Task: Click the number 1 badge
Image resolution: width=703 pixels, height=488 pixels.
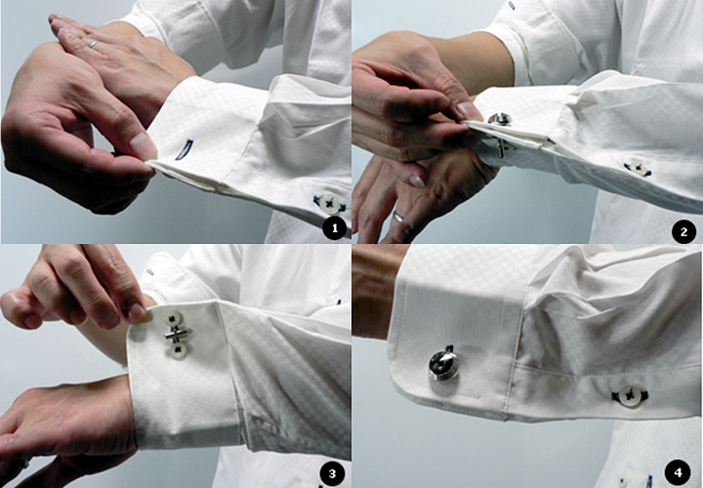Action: (334, 229)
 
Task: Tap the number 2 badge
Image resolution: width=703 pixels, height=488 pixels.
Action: (683, 232)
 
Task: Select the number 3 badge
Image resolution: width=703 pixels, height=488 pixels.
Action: (332, 473)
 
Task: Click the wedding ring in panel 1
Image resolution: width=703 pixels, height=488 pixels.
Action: (93, 44)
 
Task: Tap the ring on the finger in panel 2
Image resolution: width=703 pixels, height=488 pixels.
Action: (398, 217)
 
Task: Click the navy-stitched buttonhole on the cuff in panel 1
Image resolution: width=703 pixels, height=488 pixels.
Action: (184, 149)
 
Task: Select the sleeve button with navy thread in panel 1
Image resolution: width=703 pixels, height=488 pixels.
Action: (330, 204)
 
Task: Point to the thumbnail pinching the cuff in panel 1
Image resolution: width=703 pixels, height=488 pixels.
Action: (144, 144)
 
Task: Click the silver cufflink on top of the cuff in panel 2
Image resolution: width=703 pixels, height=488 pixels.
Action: (499, 118)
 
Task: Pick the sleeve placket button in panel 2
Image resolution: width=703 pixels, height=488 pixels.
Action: (637, 169)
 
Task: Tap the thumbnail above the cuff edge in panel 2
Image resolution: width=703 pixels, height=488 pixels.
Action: (468, 109)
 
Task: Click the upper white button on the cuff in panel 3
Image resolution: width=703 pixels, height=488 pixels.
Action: (172, 319)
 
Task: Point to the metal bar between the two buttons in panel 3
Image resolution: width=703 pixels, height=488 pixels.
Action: (177, 334)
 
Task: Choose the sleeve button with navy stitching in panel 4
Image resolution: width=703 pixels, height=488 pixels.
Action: (630, 395)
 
